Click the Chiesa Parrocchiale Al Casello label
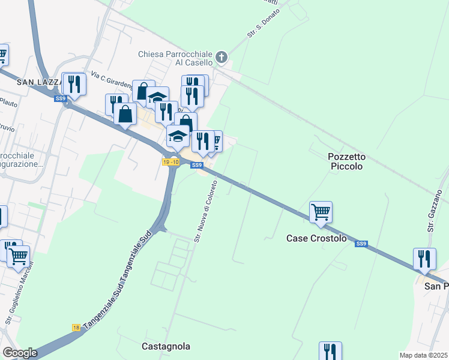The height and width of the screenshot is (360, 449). [175, 58]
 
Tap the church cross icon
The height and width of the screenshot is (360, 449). [221, 58]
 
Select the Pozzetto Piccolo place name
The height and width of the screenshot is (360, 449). [346, 161]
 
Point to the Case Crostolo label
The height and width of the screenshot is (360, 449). [316, 238]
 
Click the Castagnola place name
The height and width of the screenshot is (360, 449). [166, 346]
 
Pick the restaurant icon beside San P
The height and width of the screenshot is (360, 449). [424, 259]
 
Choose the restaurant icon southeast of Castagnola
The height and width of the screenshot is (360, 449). [330, 352]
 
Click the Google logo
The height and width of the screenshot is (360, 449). [20, 353]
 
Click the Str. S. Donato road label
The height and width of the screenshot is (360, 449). [264, 26]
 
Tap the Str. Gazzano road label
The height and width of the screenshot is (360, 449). [436, 210]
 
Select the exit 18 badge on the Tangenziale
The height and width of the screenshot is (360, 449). [76, 327]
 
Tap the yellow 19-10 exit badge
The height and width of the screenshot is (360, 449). [171, 162]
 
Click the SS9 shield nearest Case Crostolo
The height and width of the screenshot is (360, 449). [361, 244]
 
